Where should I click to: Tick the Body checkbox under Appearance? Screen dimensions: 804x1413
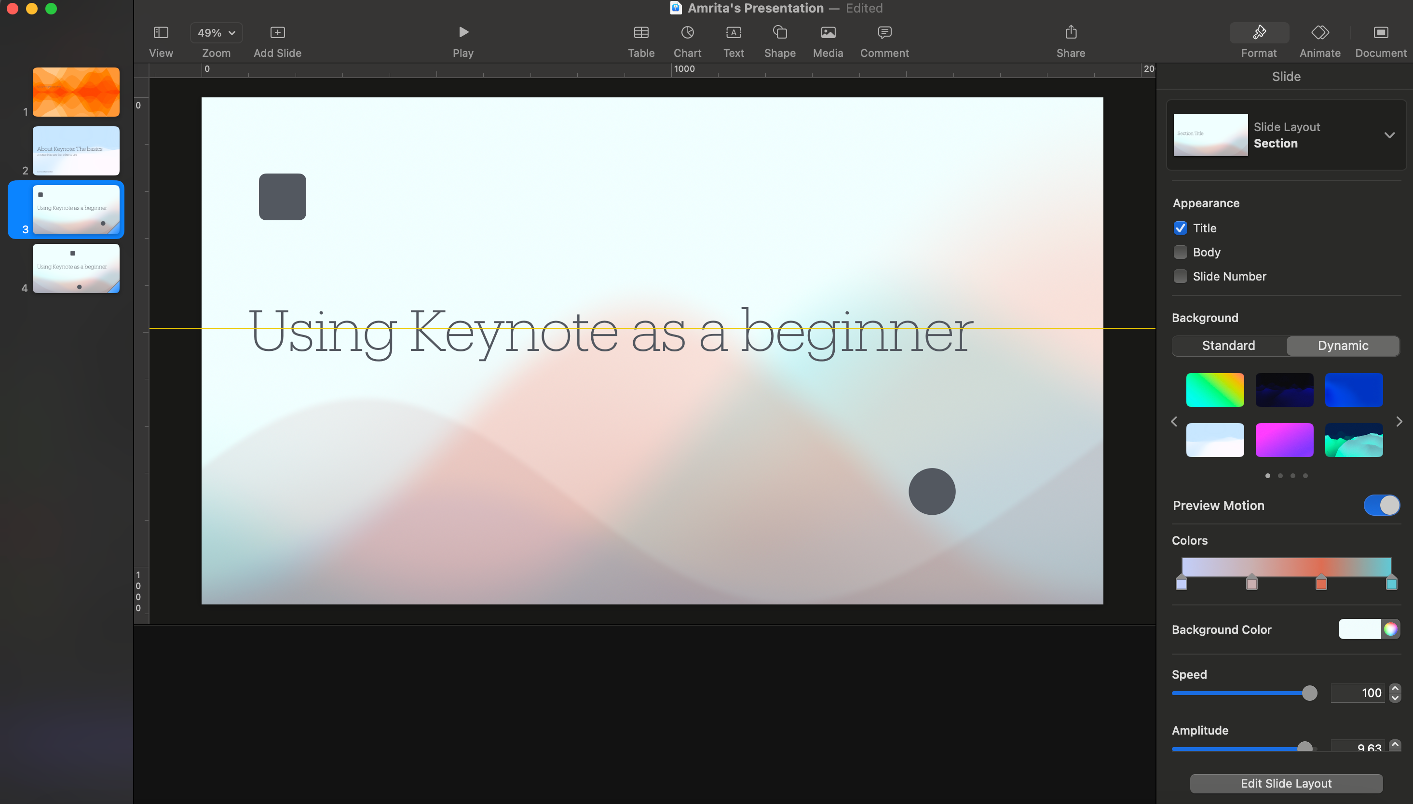tap(1181, 253)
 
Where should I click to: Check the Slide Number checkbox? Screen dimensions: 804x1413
tap(1181, 276)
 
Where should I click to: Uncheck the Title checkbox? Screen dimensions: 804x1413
tap(1181, 228)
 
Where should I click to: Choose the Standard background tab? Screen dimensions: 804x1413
tap(1228, 346)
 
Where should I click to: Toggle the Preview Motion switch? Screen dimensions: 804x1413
tap(1382, 505)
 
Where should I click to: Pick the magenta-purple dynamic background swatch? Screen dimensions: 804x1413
tap(1284, 440)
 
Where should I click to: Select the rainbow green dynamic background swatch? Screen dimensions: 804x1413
tap(1215, 390)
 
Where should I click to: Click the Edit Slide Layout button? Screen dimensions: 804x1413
tap(1286, 783)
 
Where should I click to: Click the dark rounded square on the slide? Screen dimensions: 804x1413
tap(282, 197)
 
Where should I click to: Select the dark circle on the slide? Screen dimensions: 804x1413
tap(932, 492)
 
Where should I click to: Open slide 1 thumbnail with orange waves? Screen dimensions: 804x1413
tap(76, 92)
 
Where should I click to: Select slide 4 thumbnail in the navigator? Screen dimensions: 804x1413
tap(76, 269)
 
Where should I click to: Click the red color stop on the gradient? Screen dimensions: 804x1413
tap(1321, 583)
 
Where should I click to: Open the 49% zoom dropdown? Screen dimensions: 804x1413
tap(216, 33)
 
